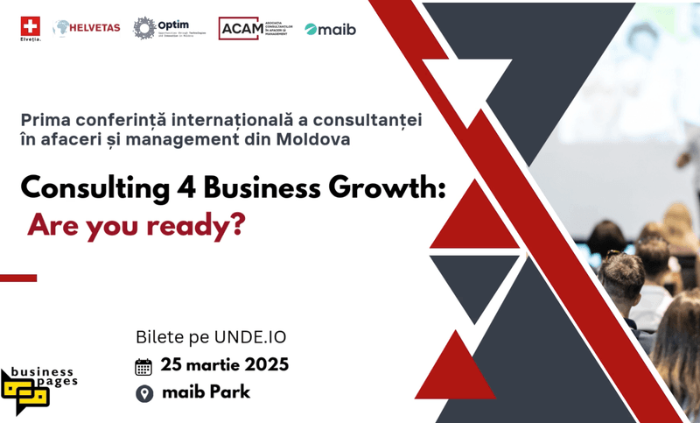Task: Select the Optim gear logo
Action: tap(144, 28)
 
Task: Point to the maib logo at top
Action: tap(331, 29)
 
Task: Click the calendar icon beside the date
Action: tap(144, 365)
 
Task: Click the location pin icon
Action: tap(144, 392)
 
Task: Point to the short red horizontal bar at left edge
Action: tap(18, 278)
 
